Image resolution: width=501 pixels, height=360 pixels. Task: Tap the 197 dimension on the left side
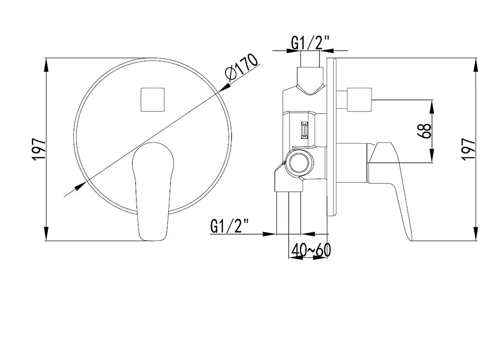39,149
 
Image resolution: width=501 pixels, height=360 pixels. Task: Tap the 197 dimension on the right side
469,149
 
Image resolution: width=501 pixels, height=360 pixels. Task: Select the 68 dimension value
425,131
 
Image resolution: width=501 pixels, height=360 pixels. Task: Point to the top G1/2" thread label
310,43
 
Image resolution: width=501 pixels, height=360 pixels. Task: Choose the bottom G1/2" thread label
229,226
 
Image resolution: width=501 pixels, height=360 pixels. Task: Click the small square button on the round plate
153,100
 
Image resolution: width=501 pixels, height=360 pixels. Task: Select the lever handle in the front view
153,191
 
